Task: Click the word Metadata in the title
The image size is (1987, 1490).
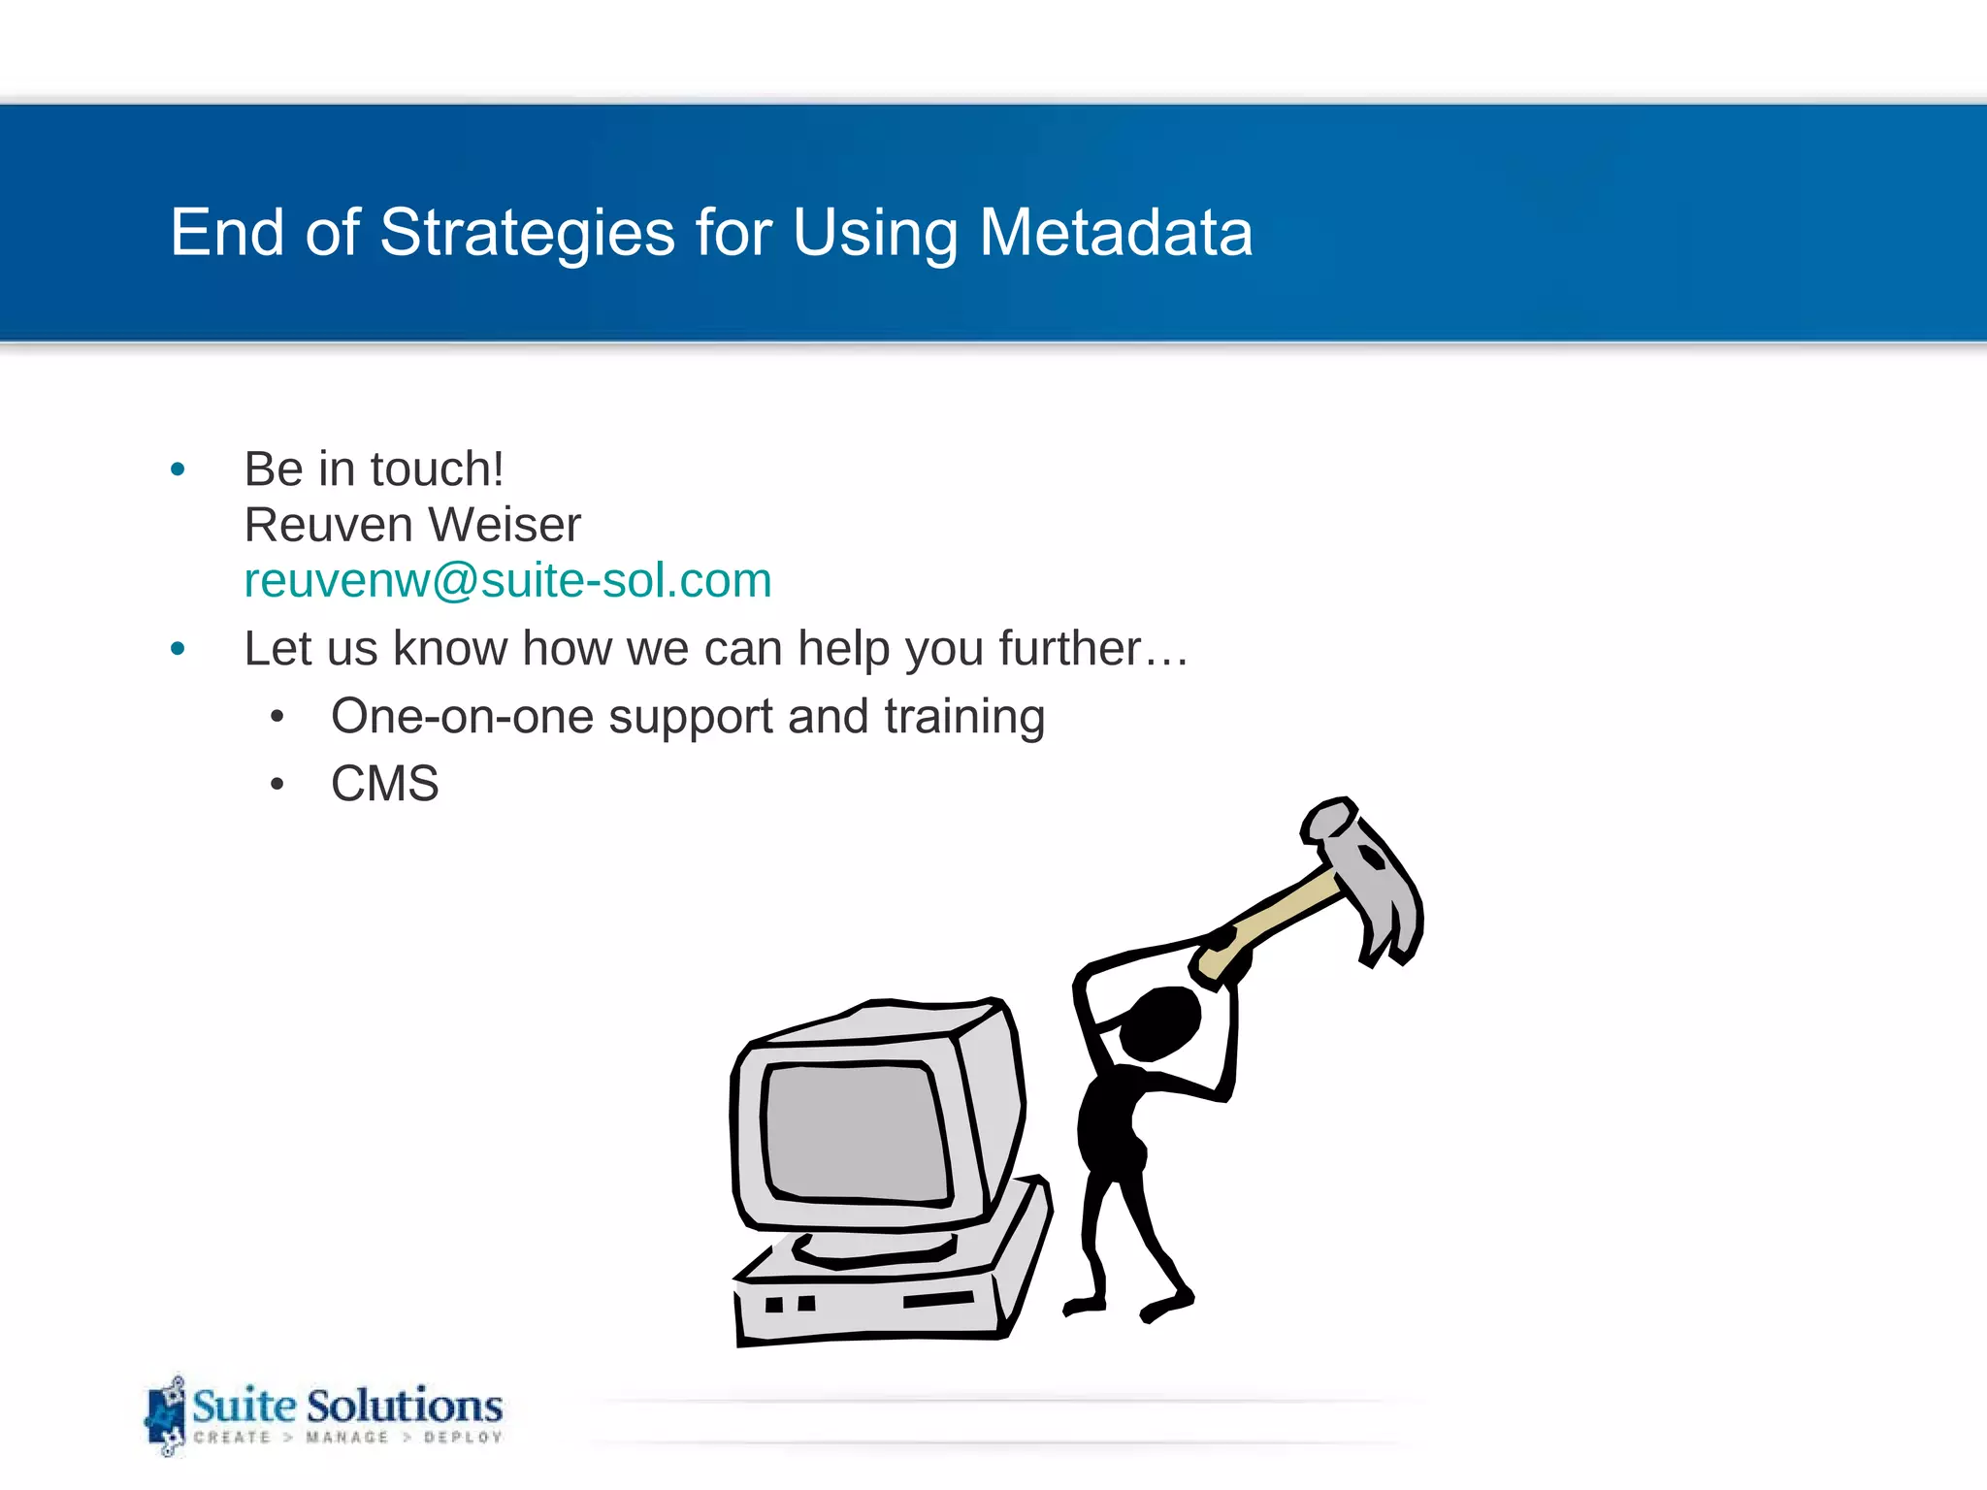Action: [x=1116, y=233]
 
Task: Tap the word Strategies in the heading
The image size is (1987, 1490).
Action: [x=527, y=233]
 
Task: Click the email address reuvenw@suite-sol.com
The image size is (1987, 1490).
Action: [x=507, y=580]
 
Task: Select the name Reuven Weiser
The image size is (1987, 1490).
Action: [x=412, y=525]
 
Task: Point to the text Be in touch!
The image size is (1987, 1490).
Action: [x=374, y=470]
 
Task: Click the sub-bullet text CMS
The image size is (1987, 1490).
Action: [x=384, y=783]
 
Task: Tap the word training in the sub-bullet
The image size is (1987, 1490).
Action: [x=964, y=717]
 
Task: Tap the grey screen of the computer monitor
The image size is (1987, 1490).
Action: [x=854, y=1130]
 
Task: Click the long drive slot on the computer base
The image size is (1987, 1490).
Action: [x=937, y=1299]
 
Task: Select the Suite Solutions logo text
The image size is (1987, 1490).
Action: [x=347, y=1406]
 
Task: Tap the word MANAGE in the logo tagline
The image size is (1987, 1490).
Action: [x=346, y=1438]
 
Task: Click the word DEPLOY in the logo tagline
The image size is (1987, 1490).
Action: [x=463, y=1438]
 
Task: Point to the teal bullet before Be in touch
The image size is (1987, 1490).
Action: [x=178, y=470]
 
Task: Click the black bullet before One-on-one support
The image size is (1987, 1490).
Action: [x=277, y=717]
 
